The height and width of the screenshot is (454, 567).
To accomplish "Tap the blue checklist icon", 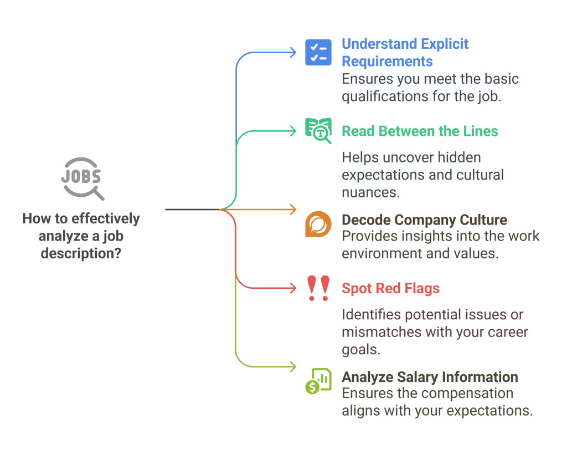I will [318, 52].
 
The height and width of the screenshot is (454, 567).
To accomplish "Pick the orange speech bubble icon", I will [318, 224].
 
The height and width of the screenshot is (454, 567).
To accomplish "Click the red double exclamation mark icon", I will [318, 288].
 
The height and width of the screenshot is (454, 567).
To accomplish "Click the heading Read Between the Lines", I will [420, 131].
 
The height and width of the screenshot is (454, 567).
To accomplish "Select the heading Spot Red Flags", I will [390, 288].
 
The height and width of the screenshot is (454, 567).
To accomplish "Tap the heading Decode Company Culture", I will [424, 220].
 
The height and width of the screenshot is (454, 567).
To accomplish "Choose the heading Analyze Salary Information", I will [430, 378].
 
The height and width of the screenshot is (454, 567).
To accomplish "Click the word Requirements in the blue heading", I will [387, 61].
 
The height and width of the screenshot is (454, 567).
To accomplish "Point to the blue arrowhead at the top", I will [293, 52].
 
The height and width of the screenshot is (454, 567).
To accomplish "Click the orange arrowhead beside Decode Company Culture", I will [293, 210].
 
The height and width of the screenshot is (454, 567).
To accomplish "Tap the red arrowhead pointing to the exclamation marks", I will [293, 288].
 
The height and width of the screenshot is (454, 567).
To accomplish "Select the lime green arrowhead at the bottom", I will [293, 366].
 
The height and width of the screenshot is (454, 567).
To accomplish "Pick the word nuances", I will [370, 192].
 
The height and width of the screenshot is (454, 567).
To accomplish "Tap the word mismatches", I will [380, 333].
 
